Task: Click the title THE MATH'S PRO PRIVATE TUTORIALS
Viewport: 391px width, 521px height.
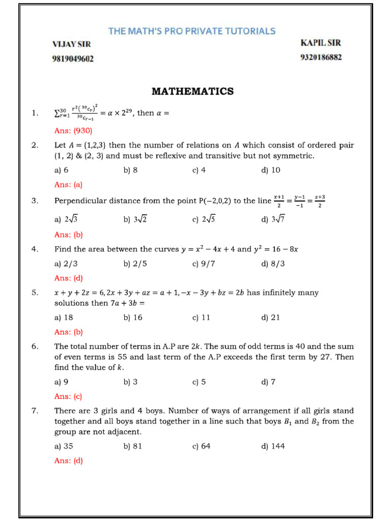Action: pyautogui.click(x=192, y=31)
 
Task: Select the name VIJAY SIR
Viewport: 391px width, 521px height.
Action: pyautogui.click(x=71, y=44)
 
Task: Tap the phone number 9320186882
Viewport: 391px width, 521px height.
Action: pyautogui.click(x=321, y=57)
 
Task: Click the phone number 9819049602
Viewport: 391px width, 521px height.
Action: pyautogui.click(x=73, y=59)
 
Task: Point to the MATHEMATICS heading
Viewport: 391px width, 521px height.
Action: pyautogui.click(x=192, y=92)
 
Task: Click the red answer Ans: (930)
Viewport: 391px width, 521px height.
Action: pyautogui.click(x=73, y=130)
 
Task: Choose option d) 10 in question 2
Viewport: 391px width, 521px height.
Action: pyautogui.click(x=270, y=170)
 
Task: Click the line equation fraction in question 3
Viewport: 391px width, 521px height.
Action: pyautogui.click(x=299, y=201)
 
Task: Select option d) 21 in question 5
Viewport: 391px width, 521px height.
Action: pyautogui.click(x=270, y=317)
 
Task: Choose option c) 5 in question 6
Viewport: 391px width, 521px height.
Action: pyautogui.click(x=199, y=382)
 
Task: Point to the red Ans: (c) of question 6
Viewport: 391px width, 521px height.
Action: pyautogui.click(x=68, y=396)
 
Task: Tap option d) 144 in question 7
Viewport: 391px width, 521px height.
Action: pyautogui.click(x=273, y=446)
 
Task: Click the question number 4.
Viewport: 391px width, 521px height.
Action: pyautogui.click(x=35, y=249)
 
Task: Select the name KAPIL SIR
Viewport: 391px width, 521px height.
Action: pyautogui.click(x=321, y=43)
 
